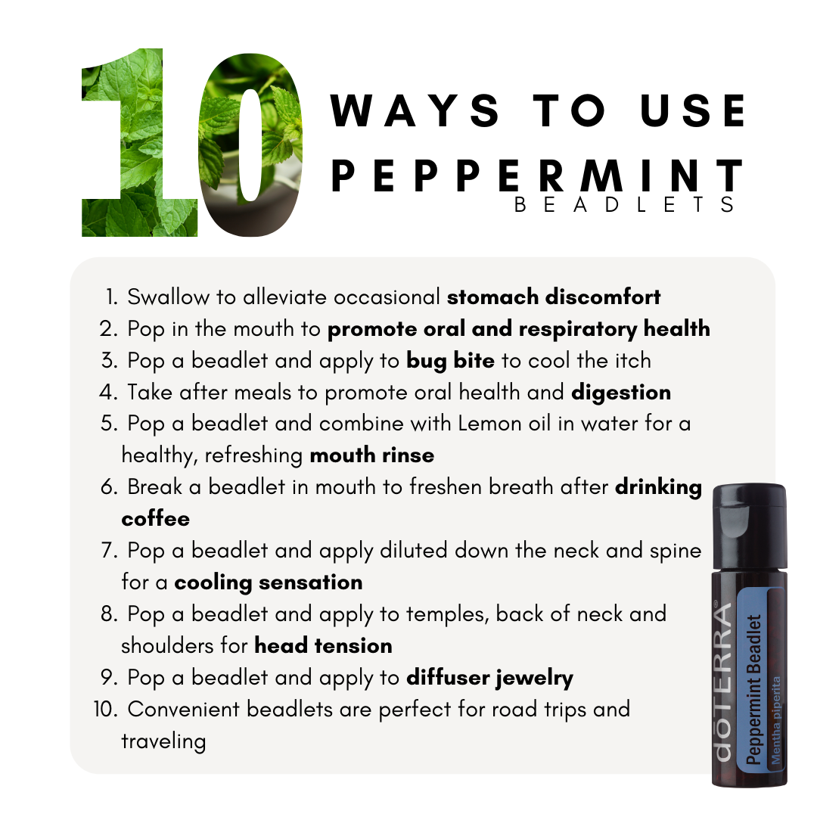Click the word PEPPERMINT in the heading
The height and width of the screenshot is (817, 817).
pos(537,176)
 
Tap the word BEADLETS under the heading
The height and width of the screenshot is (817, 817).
pos(625,204)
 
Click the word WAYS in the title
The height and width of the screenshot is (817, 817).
pos(415,110)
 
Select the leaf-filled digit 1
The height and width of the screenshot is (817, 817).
pos(140,142)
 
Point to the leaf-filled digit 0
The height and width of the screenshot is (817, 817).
pos(251,145)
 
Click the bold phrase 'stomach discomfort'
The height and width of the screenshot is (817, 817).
pos(554,297)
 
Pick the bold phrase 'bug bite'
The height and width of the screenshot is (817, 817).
pos(450,361)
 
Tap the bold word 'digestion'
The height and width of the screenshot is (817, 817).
pos(621,393)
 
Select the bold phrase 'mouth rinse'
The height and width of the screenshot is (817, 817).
pos(372,455)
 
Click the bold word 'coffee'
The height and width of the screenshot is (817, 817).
pos(156,519)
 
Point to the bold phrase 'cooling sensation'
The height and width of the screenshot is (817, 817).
pos(269,582)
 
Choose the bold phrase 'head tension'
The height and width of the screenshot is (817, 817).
pos(323,646)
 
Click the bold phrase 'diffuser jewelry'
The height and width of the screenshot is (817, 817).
pos(489,678)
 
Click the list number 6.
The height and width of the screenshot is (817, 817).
pos(110,487)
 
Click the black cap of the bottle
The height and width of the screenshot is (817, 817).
pos(749,527)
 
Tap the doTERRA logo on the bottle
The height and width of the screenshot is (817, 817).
pos(722,681)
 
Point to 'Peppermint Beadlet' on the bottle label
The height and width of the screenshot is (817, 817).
pos(753,690)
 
